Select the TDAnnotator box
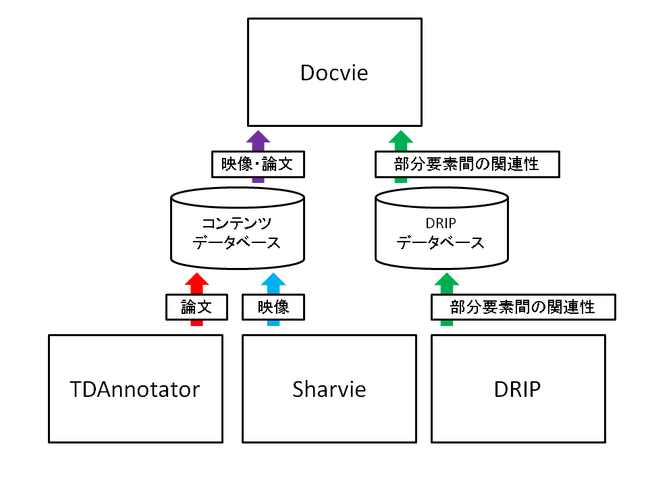[x=136, y=389]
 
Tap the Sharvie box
[x=329, y=389]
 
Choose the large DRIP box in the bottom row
[x=518, y=389]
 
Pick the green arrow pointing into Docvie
[x=400, y=140]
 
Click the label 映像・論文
[x=257, y=163]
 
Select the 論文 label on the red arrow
[x=196, y=307]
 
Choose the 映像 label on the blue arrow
[x=273, y=307]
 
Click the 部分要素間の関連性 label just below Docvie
[x=467, y=163]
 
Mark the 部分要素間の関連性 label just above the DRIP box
[x=523, y=307]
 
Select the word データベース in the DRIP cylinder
[x=441, y=243]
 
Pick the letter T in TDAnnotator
[x=76, y=389]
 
